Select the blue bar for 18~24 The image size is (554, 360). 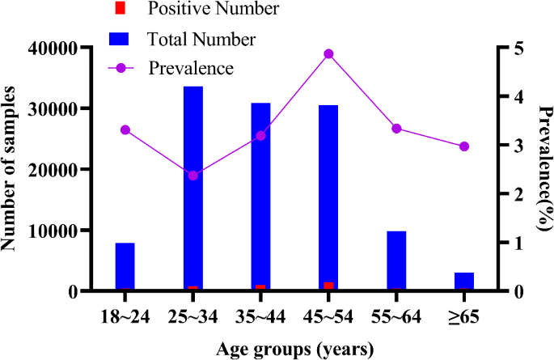point(125,266)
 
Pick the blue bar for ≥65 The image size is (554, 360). point(463,281)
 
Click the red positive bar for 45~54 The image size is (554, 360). point(328,286)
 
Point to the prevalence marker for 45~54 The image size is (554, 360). point(328,54)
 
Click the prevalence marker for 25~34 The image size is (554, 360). point(192,176)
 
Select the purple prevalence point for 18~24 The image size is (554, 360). point(125,129)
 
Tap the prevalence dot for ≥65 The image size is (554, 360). point(463,146)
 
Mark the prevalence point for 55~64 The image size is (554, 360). point(396,129)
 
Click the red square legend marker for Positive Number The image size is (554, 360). point(121,10)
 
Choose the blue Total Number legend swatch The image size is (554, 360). point(121,38)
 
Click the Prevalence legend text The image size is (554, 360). point(191,68)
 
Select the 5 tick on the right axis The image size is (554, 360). point(507,48)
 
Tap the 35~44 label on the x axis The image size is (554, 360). point(260,317)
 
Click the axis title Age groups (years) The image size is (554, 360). point(294,349)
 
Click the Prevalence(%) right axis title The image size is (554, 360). point(539,169)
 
